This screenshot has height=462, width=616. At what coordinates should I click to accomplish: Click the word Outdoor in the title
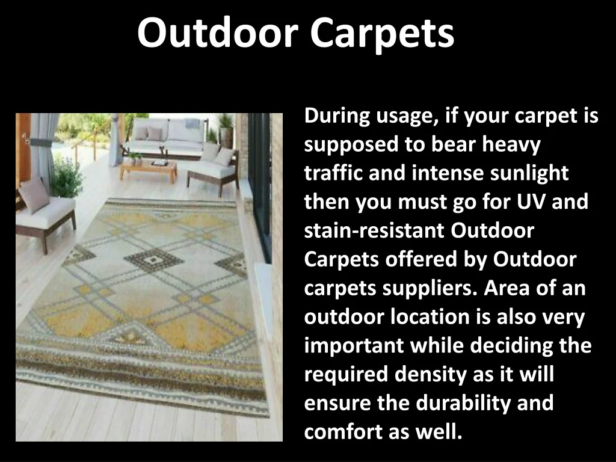point(218,32)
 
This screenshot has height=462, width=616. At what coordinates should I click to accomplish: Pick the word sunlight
point(529,174)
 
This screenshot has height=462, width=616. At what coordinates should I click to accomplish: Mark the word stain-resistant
point(374,230)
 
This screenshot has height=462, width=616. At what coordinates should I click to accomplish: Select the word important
point(354,346)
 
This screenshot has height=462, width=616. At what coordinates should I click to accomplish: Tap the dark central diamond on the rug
point(153,260)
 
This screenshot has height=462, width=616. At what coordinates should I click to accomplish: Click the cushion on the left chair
point(35,195)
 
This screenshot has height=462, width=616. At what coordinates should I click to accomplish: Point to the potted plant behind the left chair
point(66,177)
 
